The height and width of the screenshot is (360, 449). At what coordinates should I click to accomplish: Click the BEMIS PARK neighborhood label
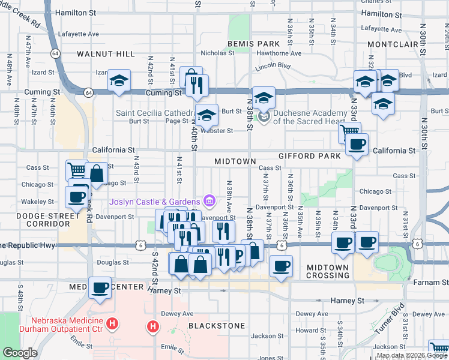pyautogui.click(x=254, y=44)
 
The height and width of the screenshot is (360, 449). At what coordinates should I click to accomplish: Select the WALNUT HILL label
pyautogui.click(x=106, y=54)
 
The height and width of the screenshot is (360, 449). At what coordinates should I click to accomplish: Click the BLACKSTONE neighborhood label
pyautogui.click(x=217, y=326)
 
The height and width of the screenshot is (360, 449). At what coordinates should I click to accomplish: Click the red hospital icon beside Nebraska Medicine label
pyautogui.click(x=112, y=325)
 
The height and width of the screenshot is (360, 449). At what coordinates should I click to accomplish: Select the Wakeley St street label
pyautogui.click(x=34, y=202)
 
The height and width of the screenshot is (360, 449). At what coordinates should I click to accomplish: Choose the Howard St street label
pyautogui.click(x=310, y=331)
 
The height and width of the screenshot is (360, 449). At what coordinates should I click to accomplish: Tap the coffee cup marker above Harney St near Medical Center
pyautogui.click(x=100, y=288)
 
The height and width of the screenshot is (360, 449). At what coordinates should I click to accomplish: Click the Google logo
pyautogui.click(x=20, y=353)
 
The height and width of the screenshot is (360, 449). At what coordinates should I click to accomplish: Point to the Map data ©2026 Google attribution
pyautogui.click(x=411, y=355)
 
